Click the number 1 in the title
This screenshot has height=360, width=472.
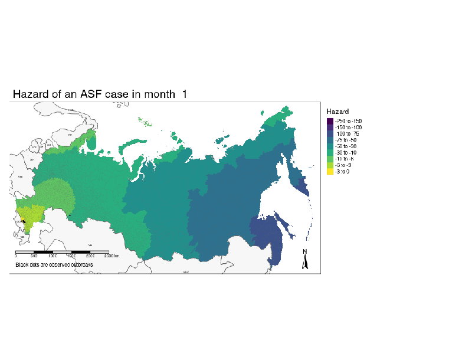pyautogui.click(x=185, y=94)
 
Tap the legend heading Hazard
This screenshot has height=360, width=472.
pyautogui.click(x=337, y=112)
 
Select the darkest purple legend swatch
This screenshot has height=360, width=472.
pyautogui.click(x=329, y=120)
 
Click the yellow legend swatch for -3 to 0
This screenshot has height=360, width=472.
pyautogui.click(x=329, y=172)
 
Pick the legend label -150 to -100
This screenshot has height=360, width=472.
pyautogui.click(x=348, y=127)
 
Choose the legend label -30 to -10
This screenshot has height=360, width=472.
pyautogui.click(x=346, y=153)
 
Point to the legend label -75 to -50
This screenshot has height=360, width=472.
pyautogui.click(x=346, y=140)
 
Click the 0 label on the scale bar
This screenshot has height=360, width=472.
pyautogui.click(x=15, y=256)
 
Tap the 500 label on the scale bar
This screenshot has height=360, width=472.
pyautogui.click(x=35, y=256)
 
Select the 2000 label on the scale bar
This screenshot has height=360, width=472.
pyautogui.click(x=91, y=256)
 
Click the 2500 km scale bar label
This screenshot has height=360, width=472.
pyautogui.click(x=112, y=256)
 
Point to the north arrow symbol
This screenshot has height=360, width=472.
pyautogui.click(x=305, y=260)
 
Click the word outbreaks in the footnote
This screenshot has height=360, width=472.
pyautogui.click(x=79, y=265)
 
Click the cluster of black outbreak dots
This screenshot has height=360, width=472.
pyautogui.click(x=24, y=221)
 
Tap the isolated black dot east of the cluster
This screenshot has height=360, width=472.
pyautogui.click(x=70, y=215)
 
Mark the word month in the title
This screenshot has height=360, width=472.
pyautogui.click(x=160, y=94)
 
